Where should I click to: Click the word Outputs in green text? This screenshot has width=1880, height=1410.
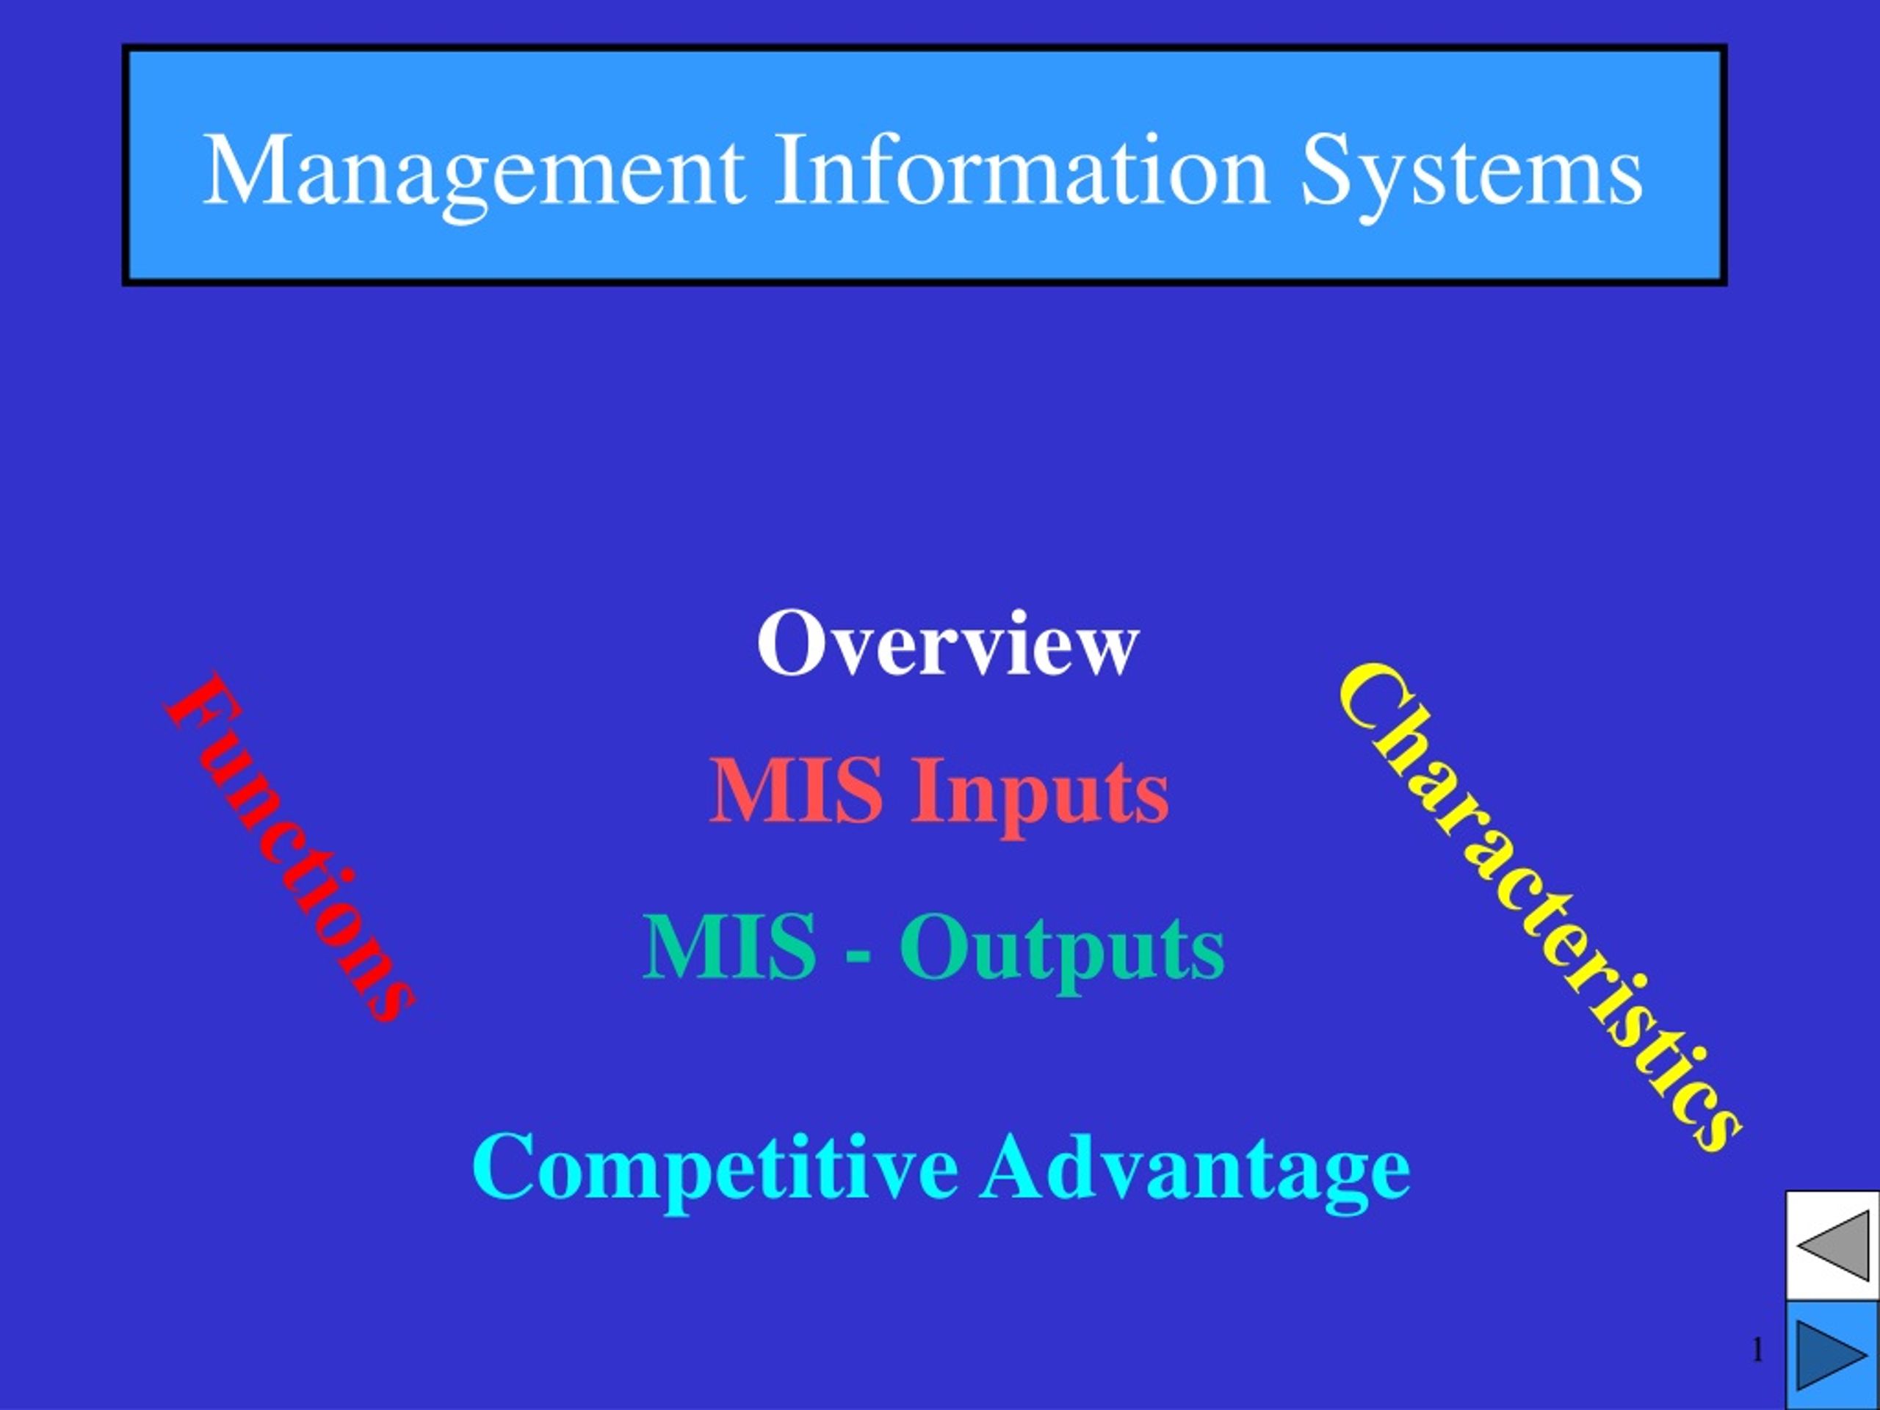click(x=1063, y=951)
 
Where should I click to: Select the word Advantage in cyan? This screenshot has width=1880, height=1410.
click(x=1195, y=1171)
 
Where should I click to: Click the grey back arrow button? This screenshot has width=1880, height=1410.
click(x=1833, y=1245)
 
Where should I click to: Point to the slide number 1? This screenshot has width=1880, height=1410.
click(x=1757, y=1349)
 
